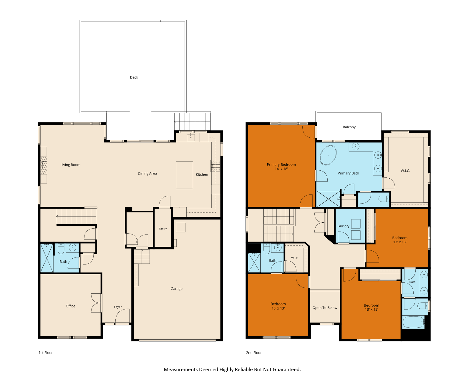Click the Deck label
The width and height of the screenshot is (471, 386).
[x=134, y=77]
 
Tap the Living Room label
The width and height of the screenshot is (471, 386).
[x=70, y=164]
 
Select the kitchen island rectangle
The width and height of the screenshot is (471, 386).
[x=184, y=175]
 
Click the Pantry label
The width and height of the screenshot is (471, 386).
[x=162, y=228]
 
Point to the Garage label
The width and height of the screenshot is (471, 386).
[x=176, y=288]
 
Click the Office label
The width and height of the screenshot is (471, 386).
[x=70, y=306]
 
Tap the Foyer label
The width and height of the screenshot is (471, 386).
[x=118, y=307]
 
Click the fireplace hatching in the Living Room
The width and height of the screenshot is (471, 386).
[x=44, y=165]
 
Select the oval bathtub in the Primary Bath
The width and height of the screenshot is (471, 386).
[x=328, y=155]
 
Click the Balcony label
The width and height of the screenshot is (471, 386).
[x=349, y=127]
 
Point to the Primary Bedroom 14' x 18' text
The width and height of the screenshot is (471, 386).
[x=281, y=167]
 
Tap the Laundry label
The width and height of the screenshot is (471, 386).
[x=343, y=226]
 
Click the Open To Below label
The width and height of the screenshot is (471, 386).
[x=325, y=307]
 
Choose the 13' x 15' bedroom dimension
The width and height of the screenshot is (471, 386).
[x=371, y=309]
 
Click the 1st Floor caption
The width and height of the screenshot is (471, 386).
[x=46, y=352]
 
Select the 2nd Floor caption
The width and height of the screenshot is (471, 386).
[x=254, y=352]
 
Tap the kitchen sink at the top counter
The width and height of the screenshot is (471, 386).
[x=190, y=137]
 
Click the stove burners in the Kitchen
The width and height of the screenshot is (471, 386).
[x=215, y=166]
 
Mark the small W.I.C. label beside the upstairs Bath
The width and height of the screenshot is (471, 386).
[x=295, y=258]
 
